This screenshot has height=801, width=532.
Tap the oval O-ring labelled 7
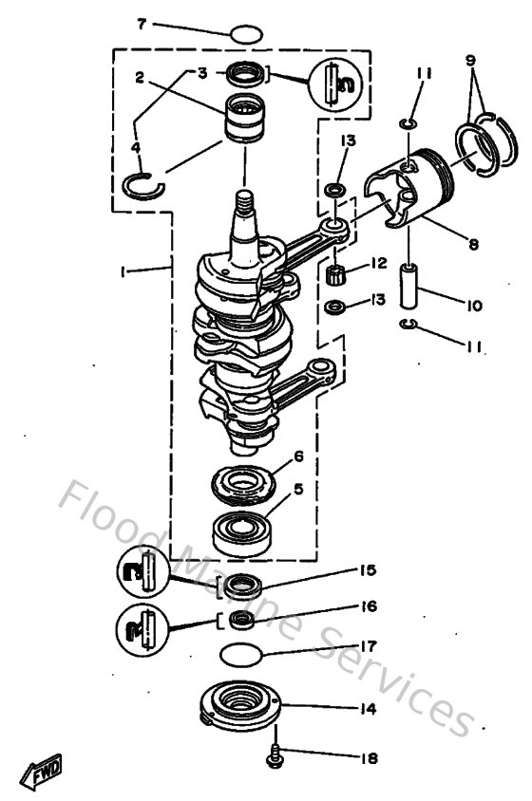tap(245, 35)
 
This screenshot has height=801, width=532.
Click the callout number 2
tap(139, 80)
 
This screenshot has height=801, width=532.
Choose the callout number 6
tap(298, 456)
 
